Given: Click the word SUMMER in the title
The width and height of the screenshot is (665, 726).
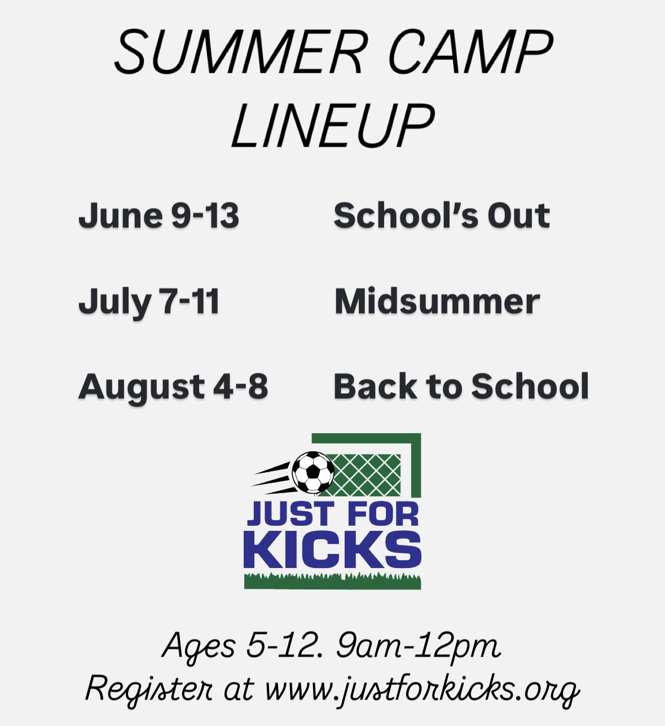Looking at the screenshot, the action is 239,52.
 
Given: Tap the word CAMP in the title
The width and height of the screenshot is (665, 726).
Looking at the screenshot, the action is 470,52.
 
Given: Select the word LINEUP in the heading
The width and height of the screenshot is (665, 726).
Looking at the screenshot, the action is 333,125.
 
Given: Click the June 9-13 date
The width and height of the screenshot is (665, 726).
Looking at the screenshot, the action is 158,215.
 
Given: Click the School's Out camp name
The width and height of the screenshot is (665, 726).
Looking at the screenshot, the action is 442,215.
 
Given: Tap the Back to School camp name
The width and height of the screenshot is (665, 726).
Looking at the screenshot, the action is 461,386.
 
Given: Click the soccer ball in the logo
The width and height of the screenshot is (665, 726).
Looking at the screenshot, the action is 313,472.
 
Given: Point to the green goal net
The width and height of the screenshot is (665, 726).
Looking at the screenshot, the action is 365,475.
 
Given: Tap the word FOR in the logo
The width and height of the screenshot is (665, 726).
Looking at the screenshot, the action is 384,514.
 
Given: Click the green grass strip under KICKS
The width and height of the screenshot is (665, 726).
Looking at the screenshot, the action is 333,582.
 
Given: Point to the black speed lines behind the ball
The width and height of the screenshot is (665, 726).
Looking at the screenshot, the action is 274,478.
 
